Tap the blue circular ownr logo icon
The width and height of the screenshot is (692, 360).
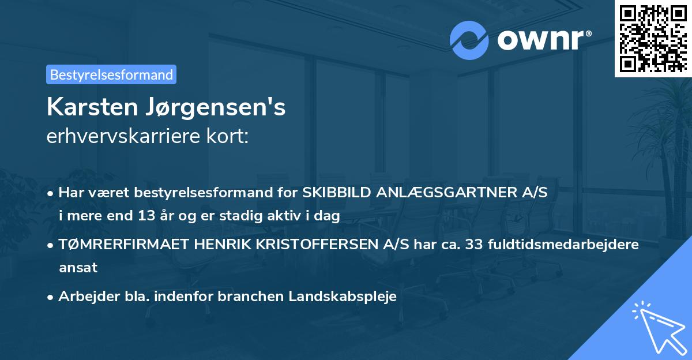click(469, 40)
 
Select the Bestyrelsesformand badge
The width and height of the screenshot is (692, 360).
click(111, 74)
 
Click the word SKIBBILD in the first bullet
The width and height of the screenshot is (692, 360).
click(336, 193)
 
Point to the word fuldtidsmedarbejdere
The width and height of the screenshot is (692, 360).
click(563, 245)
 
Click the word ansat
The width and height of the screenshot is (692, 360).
click(78, 267)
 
